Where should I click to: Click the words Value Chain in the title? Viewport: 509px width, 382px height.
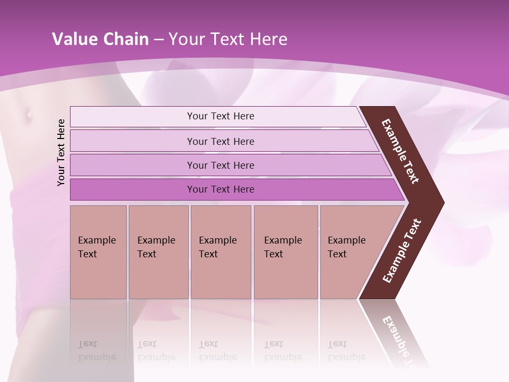[x=100, y=39]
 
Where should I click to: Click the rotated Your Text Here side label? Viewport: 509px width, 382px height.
[x=61, y=152]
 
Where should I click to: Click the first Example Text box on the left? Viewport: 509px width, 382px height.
[x=98, y=252]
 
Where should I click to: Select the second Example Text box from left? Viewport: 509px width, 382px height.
[x=158, y=252]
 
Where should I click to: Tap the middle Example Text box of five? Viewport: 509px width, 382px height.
[x=221, y=252]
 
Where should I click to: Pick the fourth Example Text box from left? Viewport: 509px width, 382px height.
[x=286, y=252]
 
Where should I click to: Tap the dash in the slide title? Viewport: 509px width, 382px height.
[x=159, y=40]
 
